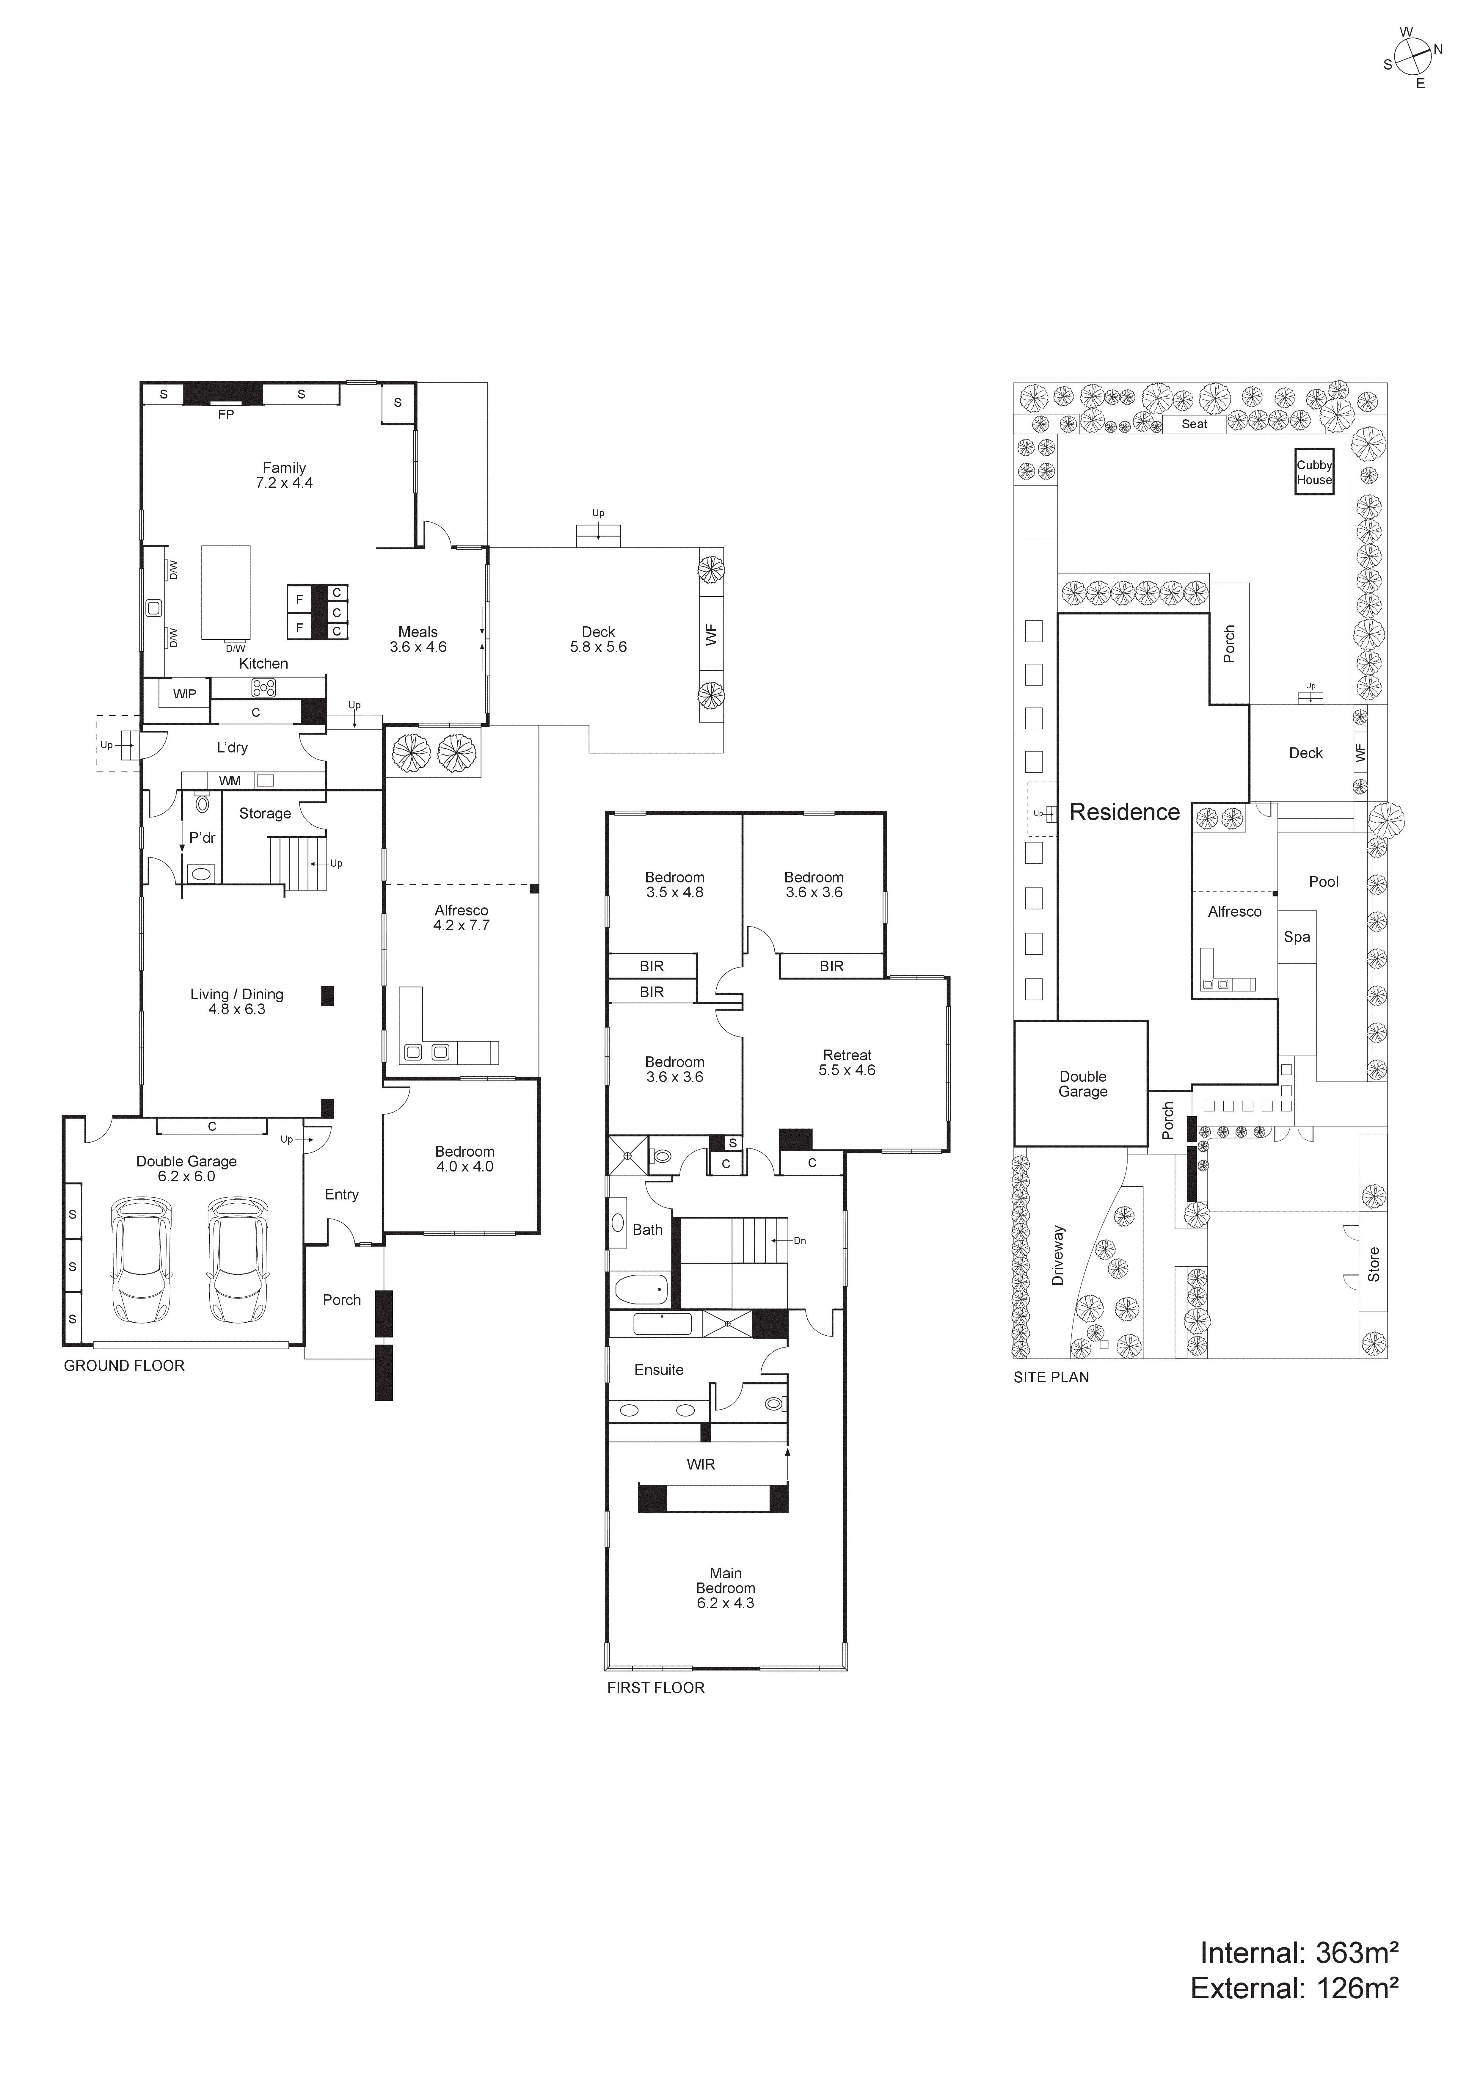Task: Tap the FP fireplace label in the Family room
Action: [225, 415]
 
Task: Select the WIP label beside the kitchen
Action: [185, 694]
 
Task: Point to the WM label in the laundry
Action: [230, 780]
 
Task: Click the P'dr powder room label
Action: [202, 838]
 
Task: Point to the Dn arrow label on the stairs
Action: [799, 1241]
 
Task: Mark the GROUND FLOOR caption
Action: [124, 1366]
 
